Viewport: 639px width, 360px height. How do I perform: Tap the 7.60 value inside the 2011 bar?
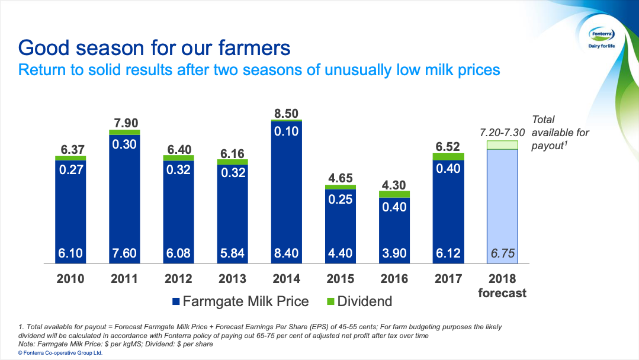tap(125, 253)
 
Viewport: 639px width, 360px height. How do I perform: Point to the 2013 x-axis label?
tap(232, 279)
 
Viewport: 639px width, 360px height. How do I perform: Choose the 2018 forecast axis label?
tap(502, 285)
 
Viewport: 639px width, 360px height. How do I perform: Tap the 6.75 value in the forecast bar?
tap(502, 253)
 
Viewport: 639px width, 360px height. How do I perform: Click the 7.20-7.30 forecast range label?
tap(502, 133)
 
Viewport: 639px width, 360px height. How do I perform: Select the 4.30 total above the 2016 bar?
tap(394, 184)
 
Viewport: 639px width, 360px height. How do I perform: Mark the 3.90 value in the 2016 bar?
tap(394, 253)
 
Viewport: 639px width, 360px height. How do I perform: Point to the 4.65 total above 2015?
tap(340, 178)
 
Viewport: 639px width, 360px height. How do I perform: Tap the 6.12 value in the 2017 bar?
tap(448, 253)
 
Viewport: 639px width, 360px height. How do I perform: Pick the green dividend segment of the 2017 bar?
tap(448, 156)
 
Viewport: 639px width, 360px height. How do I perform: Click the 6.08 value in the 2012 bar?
tap(178, 253)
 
